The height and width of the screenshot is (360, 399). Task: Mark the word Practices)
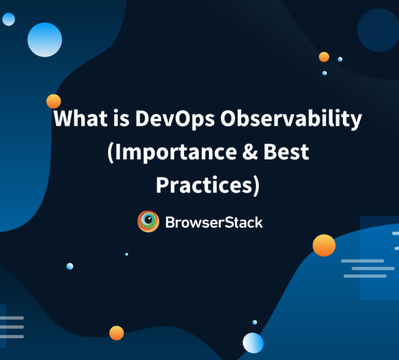tap(207, 185)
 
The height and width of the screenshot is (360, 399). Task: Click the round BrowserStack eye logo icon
tap(148, 222)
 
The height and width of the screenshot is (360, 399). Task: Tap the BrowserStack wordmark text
tap(214, 222)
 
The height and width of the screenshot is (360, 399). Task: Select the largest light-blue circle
tap(45, 39)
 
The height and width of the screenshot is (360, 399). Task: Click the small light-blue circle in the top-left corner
tap(9, 19)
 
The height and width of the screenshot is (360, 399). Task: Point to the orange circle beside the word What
tap(54, 101)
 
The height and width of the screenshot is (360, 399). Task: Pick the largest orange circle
tap(324, 245)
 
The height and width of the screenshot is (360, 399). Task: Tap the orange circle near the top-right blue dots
tap(324, 57)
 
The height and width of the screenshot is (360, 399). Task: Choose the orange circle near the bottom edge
tap(117, 333)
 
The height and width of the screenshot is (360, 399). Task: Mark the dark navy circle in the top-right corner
tap(378, 29)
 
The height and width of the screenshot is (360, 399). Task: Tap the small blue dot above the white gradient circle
tap(254, 322)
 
